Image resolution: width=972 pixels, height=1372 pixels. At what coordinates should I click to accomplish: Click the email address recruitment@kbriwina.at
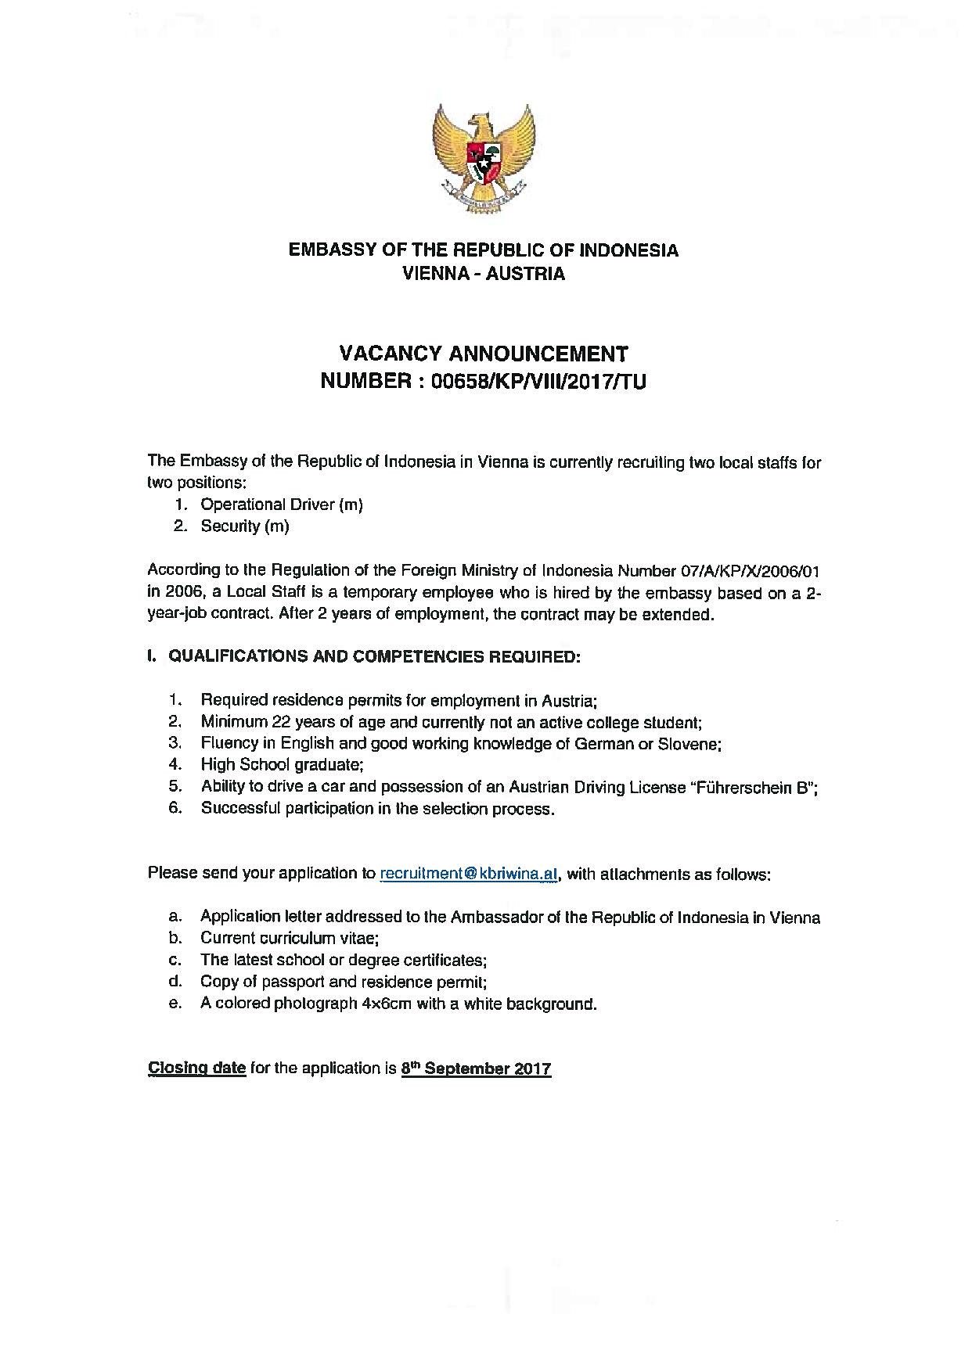click(469, 874)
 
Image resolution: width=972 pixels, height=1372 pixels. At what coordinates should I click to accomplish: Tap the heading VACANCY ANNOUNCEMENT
click(483, 354)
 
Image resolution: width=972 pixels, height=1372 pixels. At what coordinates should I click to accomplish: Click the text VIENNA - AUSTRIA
click(483, 274)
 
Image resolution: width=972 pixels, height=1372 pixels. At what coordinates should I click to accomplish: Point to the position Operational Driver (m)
click(282, 505)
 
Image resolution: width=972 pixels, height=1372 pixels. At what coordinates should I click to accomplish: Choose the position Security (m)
click(245, 526)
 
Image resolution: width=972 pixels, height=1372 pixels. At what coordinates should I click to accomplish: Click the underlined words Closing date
click(197, 1069)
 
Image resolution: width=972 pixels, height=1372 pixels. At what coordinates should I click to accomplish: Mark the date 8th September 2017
click(476, 1069)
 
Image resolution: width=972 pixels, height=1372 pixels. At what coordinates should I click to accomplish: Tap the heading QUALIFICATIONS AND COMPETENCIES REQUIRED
click(374, 656)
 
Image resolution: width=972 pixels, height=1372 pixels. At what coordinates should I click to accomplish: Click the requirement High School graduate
click(282, 765)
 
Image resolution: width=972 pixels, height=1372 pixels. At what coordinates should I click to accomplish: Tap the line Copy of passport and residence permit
click(344, 982)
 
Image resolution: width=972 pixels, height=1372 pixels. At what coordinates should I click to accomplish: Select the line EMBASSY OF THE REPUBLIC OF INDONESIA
click(483, 250)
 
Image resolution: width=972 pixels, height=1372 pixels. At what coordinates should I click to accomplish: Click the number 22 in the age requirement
click(280, 722)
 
